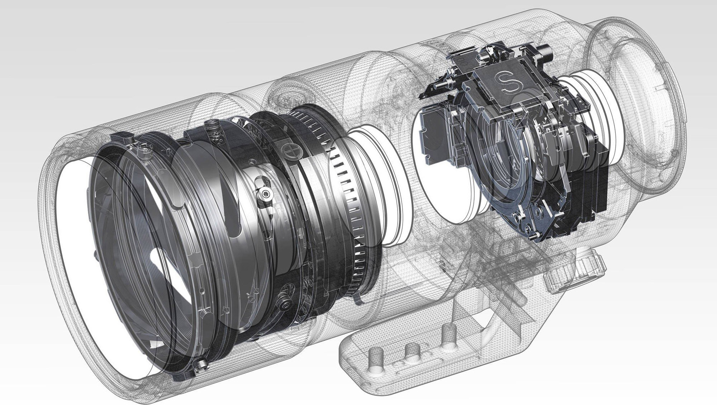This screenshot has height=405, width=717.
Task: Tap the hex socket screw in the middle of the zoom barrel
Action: pyautogui.click(x=264, y=194)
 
